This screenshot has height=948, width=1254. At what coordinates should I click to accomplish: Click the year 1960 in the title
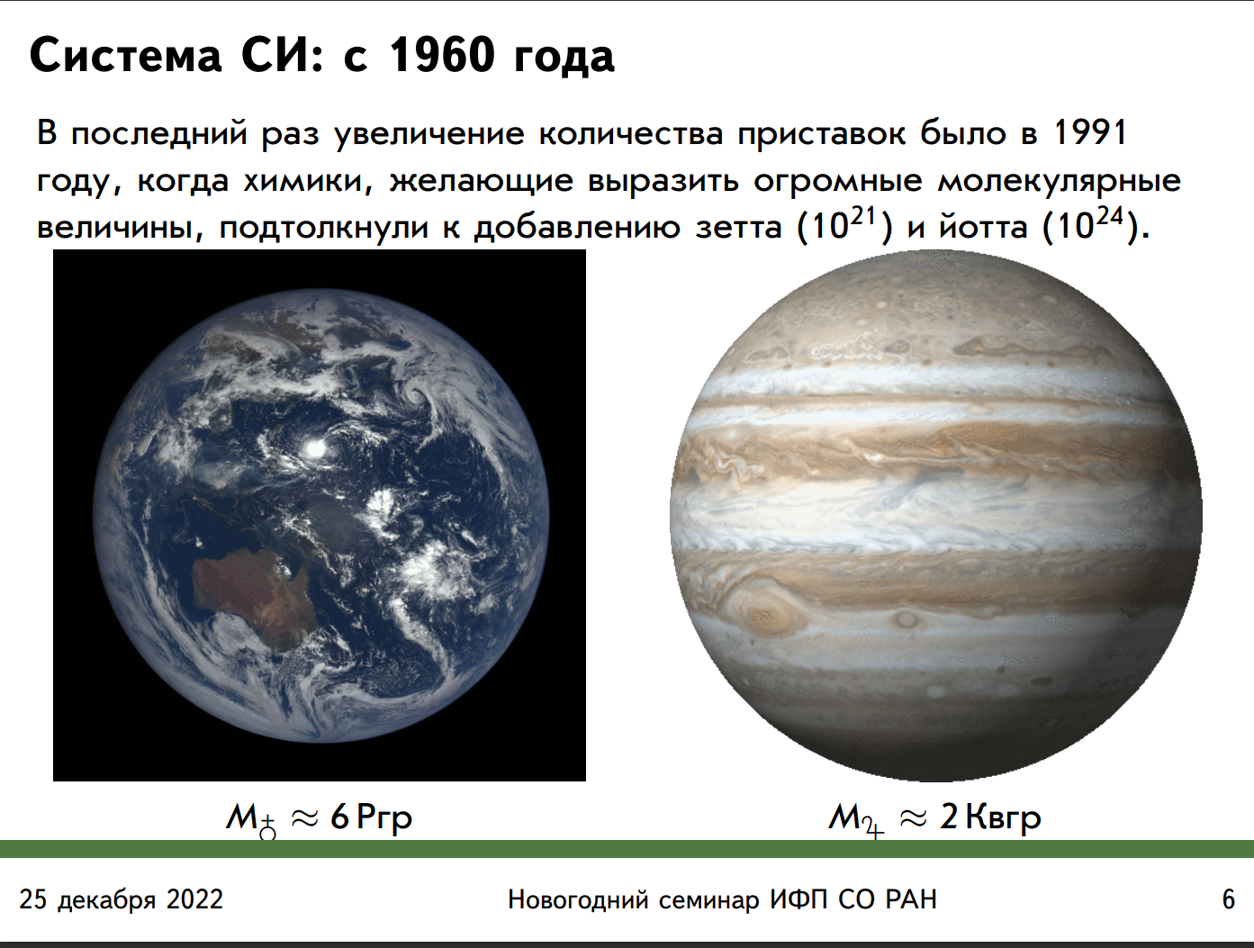442,56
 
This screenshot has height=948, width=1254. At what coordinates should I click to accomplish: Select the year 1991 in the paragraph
1089,132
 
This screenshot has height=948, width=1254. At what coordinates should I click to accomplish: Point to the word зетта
738,227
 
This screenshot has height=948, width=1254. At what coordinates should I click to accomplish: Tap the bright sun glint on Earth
315,448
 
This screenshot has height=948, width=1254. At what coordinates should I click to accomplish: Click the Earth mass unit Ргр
383,818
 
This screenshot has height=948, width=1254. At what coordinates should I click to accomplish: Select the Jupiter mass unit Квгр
1003,818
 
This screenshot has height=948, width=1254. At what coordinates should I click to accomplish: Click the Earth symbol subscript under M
267,828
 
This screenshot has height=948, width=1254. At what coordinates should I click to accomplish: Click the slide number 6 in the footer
1228,899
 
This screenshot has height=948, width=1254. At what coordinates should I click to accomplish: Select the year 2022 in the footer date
194,899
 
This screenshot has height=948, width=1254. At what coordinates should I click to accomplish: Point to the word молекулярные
1060,181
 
